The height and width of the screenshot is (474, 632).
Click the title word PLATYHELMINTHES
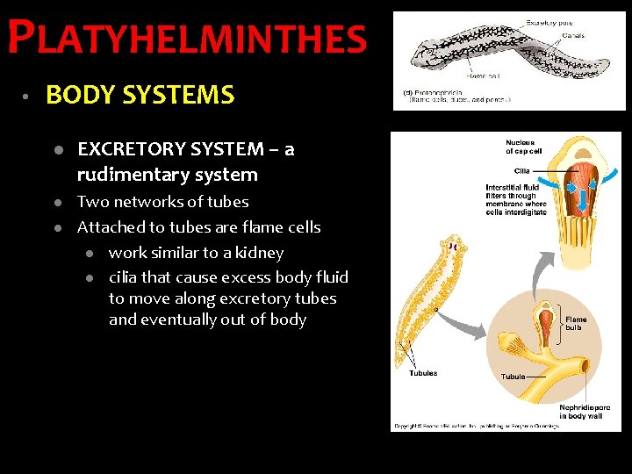click(x=186, y=39)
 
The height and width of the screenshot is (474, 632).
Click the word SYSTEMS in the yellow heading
click(x=190, y=95)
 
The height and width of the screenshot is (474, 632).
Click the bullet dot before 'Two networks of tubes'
click(x=56, y=203)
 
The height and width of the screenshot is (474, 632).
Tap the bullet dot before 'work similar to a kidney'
click(x=89, y=254)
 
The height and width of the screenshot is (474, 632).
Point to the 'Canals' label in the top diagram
click(x=574, y=36)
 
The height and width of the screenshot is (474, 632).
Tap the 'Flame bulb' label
click(x=576, y=324)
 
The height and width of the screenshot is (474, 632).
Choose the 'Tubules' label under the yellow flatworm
click(x=423, y=373)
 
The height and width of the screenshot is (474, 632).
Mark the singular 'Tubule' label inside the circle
click(x=513, y=377)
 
